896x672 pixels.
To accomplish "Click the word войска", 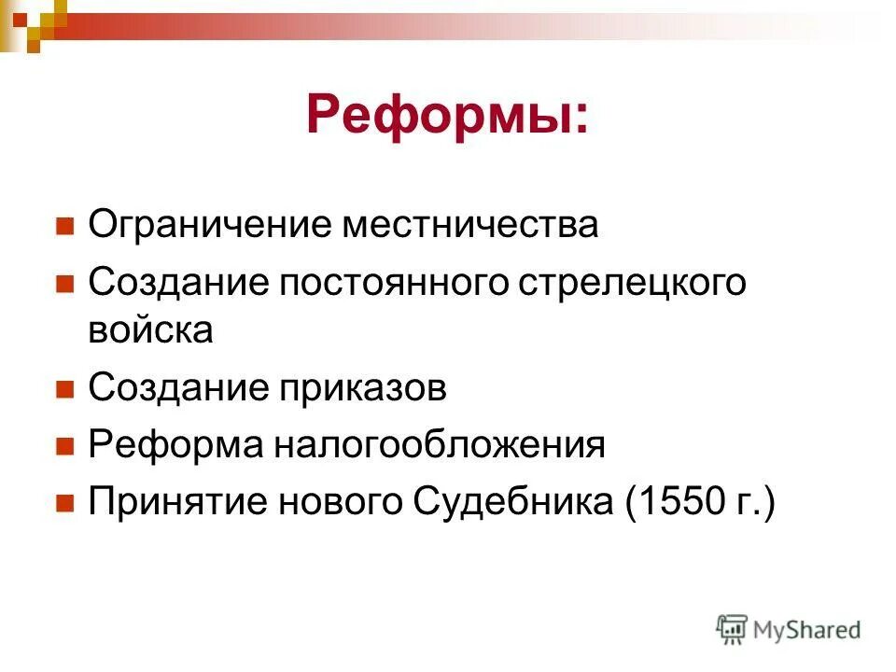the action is click(x=150, y=330).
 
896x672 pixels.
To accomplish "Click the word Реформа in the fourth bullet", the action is click(x=173, y=445).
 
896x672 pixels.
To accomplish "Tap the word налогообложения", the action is click(x=439, y=445).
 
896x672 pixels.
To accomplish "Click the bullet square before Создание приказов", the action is click(x=64, y=389).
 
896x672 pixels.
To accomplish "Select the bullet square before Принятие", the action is click(x=64, y=504).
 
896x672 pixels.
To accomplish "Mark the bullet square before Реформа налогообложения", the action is click(x=64, y=446).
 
